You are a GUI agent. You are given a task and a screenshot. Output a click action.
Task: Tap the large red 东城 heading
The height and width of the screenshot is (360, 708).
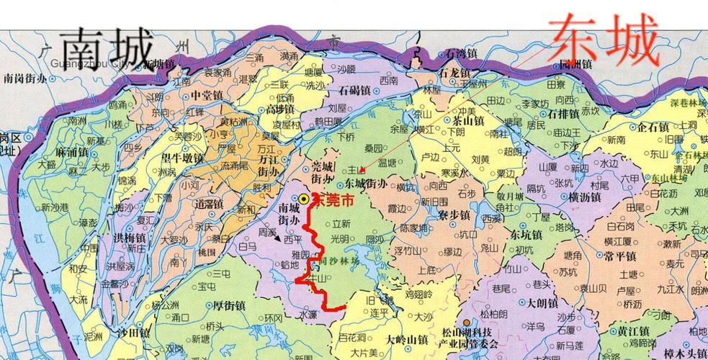point(604,40)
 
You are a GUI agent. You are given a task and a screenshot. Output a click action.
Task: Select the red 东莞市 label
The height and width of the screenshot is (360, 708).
point(339,197)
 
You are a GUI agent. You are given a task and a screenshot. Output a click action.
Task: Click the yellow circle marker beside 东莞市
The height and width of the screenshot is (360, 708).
point(305,199)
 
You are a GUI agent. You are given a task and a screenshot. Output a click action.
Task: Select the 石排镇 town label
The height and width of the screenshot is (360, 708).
point(563,113)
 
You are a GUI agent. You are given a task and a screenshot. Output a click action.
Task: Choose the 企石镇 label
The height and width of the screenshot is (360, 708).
point(654,127)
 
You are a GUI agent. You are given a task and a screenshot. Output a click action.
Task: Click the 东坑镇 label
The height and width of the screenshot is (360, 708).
point(526,234)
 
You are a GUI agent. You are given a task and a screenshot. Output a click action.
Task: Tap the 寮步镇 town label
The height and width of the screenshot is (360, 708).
point(452,215)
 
